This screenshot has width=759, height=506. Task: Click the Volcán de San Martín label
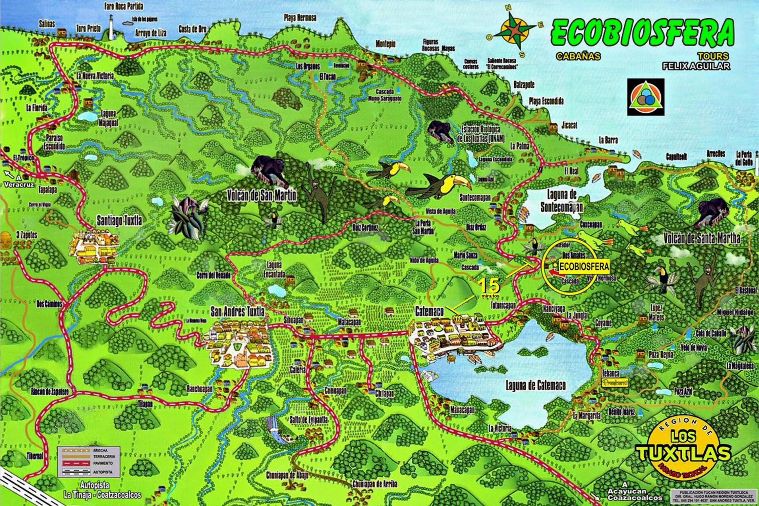point(261,196)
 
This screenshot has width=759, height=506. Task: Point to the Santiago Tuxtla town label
point(119,221)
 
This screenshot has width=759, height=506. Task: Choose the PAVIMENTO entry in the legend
point(103,463)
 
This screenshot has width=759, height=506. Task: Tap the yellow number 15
point(489,285)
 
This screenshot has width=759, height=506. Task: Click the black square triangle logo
point(646,97)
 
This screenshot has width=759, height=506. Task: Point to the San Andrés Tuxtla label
point(238,312)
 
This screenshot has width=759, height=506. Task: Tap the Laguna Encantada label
point(276,269)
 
